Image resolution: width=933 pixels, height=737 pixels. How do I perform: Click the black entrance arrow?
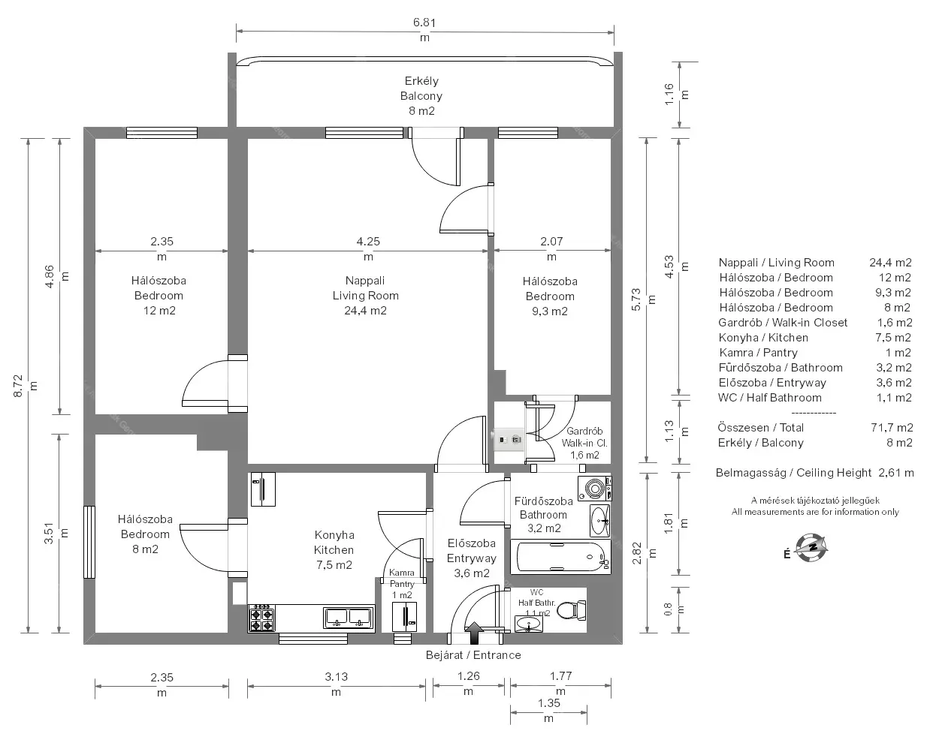point(475,633)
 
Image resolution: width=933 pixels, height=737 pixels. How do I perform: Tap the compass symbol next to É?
point(811,548)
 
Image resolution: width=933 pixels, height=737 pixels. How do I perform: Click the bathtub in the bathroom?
point(560,557)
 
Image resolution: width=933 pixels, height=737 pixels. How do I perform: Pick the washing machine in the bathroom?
point(594,489)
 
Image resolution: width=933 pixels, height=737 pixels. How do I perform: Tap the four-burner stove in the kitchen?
point(261,618)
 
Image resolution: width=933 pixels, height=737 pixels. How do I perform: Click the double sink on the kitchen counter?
point(349,618)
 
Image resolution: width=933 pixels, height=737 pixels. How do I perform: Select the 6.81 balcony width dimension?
point(424,29)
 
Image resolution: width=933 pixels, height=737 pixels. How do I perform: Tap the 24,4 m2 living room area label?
point(366,311)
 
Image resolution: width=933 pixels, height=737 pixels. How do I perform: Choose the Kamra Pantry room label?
point(402,578)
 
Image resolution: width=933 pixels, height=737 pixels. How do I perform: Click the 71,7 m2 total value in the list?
point(892,428)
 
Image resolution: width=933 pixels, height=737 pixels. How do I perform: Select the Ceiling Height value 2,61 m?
point(896,473)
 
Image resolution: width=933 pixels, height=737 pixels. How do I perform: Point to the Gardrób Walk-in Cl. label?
point(584,438)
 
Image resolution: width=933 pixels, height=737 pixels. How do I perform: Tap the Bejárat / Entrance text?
point(473,655)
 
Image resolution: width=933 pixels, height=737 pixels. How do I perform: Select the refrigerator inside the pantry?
point(404,617)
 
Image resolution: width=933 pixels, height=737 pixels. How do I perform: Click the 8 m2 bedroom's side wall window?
point(89,542)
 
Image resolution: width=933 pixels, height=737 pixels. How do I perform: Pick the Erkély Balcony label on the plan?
point(421,89)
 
